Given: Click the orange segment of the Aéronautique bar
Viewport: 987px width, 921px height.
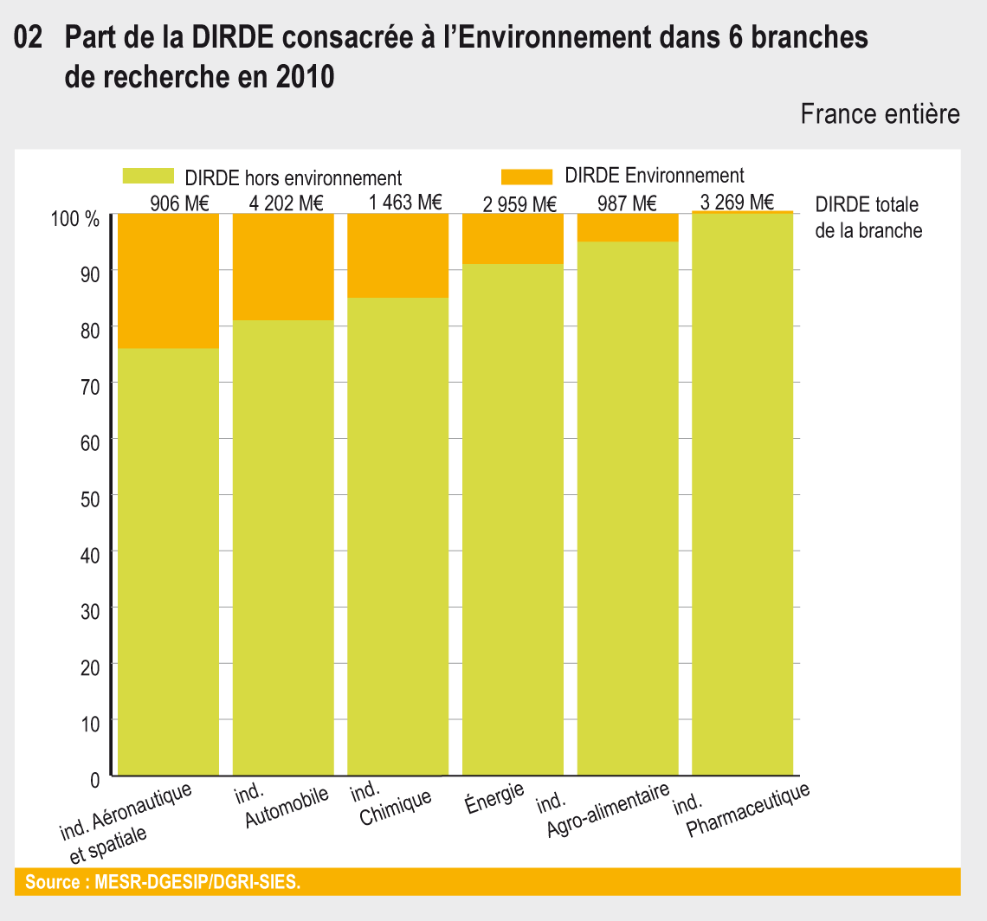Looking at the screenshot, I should [168, 280].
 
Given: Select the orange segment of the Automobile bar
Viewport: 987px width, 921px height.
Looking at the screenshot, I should [283, 267].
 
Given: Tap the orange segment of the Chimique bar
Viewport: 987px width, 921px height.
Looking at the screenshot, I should [397, 255].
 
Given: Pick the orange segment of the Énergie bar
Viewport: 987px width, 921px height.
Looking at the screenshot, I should [513, 238].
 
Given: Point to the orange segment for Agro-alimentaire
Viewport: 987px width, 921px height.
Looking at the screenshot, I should [627, 227].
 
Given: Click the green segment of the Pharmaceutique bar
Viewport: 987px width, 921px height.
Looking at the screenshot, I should [742, 493].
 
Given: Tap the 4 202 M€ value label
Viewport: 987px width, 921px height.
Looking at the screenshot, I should [286, 204].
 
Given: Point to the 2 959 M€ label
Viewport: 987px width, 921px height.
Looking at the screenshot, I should [519, 205].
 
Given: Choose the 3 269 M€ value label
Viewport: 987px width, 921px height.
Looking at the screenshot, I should [738, 203].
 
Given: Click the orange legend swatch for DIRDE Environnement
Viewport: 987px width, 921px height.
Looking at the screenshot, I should [526, 177].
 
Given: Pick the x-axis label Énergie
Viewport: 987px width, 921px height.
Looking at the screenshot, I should [494, 794].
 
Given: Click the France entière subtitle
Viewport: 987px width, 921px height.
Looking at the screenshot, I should [880, 114].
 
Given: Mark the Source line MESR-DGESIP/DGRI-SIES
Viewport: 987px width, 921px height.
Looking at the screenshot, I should [163, 883].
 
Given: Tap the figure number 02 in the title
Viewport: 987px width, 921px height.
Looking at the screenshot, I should [29, 39].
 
